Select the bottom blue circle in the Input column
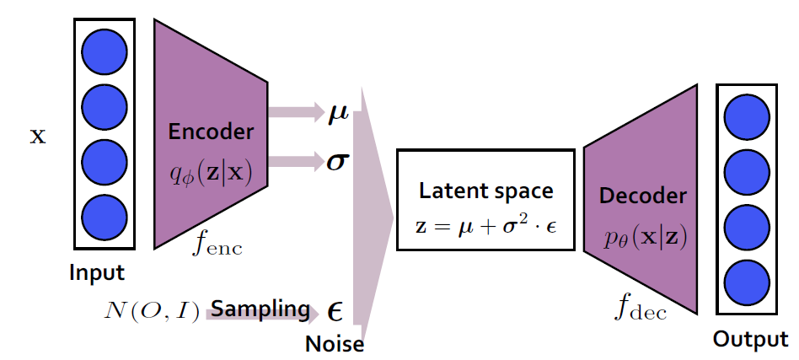105,217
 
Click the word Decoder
642,196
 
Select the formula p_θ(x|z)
642,236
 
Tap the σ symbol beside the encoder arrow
338,159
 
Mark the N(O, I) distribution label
153,314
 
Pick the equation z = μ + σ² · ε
486,227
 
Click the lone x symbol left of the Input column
38,135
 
